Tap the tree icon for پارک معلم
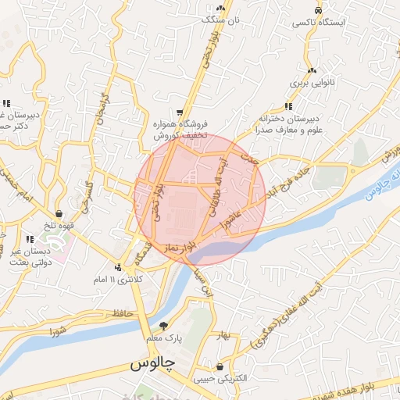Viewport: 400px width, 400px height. pyautogui.click(x=162, y=326)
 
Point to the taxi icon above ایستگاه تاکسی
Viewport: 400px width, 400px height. pyautogui.click(x=318, y=10)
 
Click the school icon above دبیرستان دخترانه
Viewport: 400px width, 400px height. pyautogui.click(x=289, y=106)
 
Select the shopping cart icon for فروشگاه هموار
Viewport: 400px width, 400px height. pyautogui.click(x=181, y=112)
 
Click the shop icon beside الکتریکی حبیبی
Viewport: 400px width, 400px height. pyautogui.click(x=220, y=366)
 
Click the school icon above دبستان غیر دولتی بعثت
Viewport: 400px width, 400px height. pyautogui.click(x=30, y=238)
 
